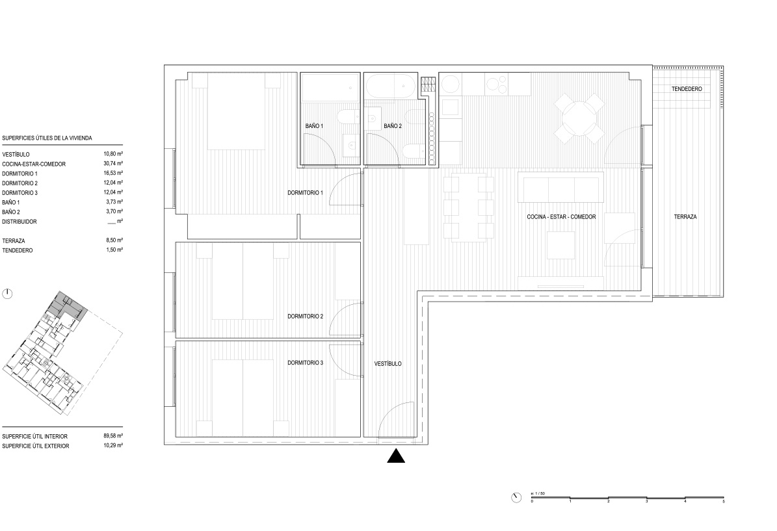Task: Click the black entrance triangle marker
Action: [x=396, y=456]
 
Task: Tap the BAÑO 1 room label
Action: [x=314, y=126]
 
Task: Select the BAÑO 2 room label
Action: [x=393, y=126]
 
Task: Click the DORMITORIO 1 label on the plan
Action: [x=305, y=192]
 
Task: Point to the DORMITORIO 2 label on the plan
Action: [x=305, y=316]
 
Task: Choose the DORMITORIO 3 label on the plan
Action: [x=305, y=363]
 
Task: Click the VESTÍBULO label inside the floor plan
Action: [x=388, y=363]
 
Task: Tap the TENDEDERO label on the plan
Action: [x=687, y=89]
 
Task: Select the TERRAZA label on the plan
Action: [x=685, y=217]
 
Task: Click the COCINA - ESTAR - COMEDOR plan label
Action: [x=561, y=217]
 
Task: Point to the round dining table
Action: [x=579, y=119]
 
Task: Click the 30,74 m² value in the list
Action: [x=113, y=164]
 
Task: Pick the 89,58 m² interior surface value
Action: [x=113, y=436]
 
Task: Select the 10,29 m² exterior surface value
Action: [x=113, y=446]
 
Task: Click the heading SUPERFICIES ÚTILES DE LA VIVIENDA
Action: [x=47, y=138]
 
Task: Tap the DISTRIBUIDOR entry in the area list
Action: [x=20, y=222]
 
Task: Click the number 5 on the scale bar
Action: [x=724, y=502]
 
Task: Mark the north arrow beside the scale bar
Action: [x=516, y=497]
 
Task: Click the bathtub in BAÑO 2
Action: [x=391, y=86]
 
